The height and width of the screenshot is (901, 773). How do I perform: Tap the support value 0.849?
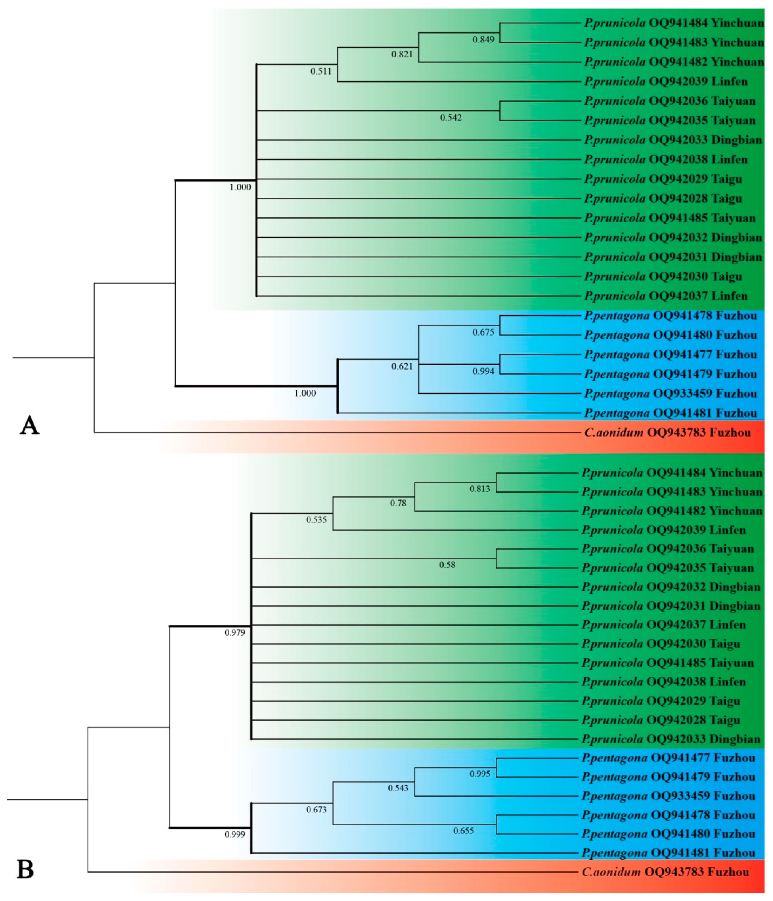483,40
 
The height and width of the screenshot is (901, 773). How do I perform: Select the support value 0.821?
402,54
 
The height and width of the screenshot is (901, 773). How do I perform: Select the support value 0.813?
479,489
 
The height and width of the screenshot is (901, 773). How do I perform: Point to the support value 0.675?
483,332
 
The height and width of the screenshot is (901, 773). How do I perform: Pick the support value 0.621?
402,366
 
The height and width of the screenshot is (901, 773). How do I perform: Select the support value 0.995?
479,774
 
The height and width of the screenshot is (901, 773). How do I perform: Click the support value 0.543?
398,788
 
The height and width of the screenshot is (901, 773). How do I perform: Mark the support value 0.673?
316,809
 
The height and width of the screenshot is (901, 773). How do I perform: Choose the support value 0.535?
316,520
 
